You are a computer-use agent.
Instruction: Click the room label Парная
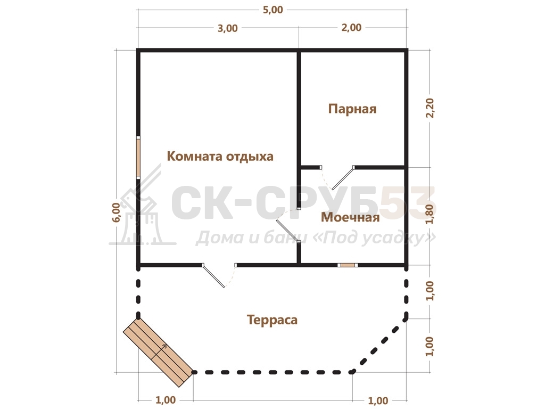[x=352, y=109]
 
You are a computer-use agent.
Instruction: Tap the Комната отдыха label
[x=220, y=156]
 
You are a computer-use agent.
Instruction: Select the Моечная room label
[x=350, y=217]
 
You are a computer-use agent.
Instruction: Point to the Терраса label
[x=272, y=320]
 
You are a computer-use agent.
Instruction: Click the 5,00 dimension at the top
[x=273, y=10]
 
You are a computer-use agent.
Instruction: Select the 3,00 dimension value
[x=228, y=28]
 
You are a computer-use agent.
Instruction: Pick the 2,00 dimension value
[x=351, y=28]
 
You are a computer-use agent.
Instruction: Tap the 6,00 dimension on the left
[x=116, y=212]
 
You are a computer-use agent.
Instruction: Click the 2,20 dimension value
[x=430, y=108]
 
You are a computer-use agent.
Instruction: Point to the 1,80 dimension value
[x=430, y=214]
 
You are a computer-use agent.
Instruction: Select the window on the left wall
[x=138, y=157]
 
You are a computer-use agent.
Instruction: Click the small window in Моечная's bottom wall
[x=348, y=265]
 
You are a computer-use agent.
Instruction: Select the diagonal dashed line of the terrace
[x=379, y=345]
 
